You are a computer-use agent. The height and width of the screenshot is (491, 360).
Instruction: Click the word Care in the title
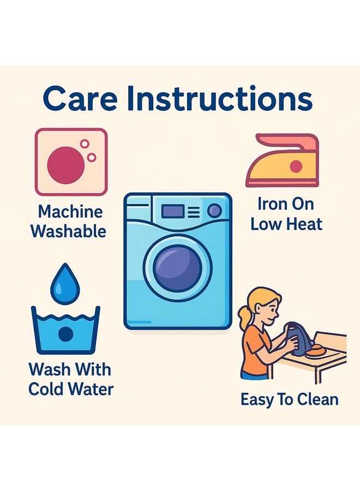click(x=80, y=99)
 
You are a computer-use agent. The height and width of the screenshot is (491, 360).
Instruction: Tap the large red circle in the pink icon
click(x=66, y=165)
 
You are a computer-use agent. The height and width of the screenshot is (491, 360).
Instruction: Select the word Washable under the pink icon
click(x=68, y=231)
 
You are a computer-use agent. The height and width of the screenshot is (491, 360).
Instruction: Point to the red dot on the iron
click(x=296, y=166)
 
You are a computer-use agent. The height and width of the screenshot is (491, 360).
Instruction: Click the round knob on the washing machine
click(x=215, y=211)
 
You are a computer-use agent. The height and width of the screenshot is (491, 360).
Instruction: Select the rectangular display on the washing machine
click(x=172, y=211)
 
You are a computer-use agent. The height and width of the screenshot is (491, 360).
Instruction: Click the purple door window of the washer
click(x=177, y=268)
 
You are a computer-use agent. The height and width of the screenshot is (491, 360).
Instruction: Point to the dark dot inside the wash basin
click(x=66, y=334)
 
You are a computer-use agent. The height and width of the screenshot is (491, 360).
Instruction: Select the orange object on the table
click(x=317, y=351)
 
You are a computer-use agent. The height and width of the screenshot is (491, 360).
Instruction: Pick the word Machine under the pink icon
click(x=70, y=212)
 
